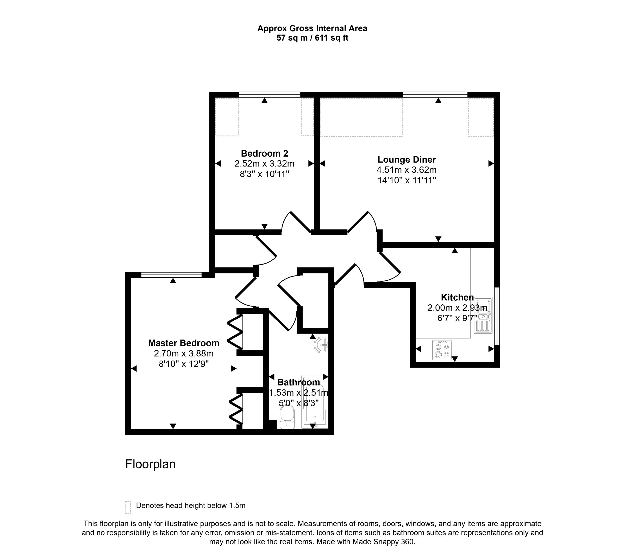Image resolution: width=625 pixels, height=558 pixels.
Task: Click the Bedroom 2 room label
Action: coord(264,153)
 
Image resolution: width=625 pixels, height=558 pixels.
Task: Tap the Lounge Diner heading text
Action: coord(407,159)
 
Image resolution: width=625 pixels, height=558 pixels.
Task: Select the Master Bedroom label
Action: coord(184,343)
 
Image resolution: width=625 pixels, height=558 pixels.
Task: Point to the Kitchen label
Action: coord(457,297)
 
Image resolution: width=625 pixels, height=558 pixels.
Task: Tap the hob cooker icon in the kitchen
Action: coord(442,350)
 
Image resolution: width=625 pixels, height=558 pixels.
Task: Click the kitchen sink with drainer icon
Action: coord(483,315)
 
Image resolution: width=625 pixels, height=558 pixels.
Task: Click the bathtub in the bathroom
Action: coord(315,402)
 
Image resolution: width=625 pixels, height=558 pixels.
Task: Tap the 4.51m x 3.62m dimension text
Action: coord(407,170)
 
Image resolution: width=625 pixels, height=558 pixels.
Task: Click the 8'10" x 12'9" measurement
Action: coord(184,364)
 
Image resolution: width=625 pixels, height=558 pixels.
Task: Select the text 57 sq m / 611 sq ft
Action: coord(312,38)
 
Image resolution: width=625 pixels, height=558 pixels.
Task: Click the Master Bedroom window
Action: coord(171,275)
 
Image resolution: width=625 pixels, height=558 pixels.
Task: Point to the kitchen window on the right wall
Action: coord(498,316)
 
